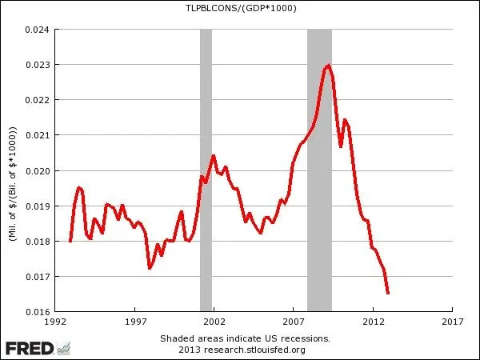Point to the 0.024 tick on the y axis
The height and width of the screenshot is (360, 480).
36,30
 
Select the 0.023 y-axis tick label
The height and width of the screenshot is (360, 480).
36,65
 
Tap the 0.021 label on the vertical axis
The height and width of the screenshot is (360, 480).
36,135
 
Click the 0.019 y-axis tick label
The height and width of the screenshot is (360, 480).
36,206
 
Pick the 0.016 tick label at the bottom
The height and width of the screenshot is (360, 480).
36,311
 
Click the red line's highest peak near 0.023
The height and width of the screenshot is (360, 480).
328,66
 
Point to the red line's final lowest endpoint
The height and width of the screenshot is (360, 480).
388,294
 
